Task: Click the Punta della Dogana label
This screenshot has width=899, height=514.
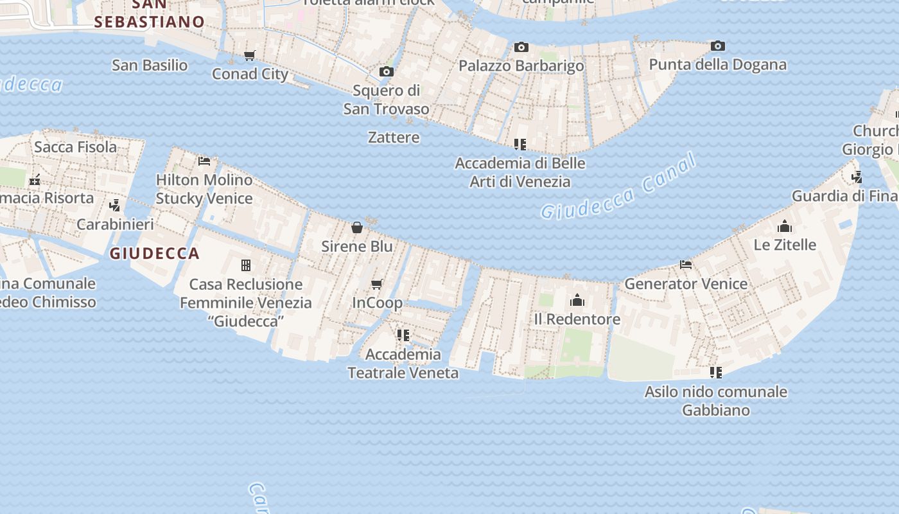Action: pos(717,64)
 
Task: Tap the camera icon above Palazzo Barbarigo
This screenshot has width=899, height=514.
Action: pos(521,47)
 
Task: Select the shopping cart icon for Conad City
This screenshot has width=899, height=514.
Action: pos(250,55)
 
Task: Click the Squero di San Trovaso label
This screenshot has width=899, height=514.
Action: pos(386,100)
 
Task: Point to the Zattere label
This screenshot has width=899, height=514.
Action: pos(394,137)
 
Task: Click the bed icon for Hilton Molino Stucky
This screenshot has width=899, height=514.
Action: pos(204,161)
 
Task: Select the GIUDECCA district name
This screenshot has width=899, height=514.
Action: pos(154,253)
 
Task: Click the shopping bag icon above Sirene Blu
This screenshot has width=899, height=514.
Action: pos(357,227)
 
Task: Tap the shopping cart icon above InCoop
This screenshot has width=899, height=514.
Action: pos(377,284)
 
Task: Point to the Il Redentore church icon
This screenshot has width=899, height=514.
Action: pos(577,300)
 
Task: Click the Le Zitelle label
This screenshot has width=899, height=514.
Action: pos(785,244)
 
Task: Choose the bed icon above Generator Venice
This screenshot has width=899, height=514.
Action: pos(686,265)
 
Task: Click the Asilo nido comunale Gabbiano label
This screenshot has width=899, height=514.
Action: pos(716,400)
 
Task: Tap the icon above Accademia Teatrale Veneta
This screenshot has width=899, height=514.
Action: pos(403,335)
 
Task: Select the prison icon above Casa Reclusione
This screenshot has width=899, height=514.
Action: pos(245,265)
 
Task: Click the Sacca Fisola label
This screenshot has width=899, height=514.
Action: pos(76,146)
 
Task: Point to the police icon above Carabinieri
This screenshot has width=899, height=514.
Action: pos(115,206)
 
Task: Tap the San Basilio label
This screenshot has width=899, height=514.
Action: pos(150,65)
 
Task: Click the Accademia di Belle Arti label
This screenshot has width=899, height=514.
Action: pos(520,172)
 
